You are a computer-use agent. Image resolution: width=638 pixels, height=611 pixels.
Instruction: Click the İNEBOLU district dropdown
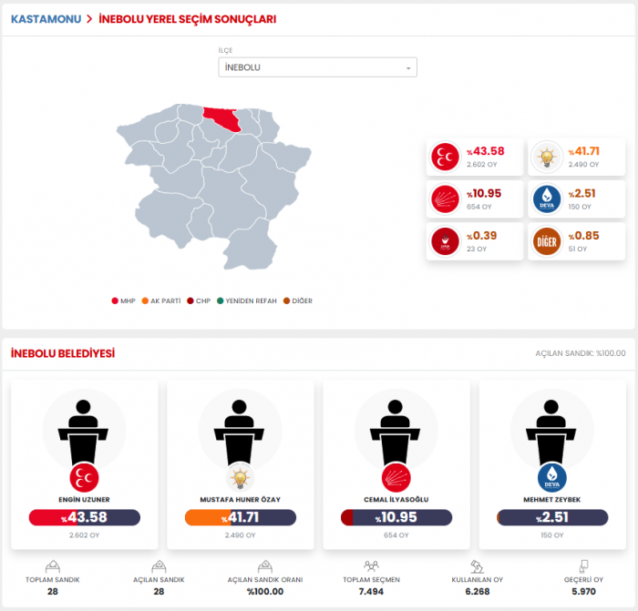coord(317,67)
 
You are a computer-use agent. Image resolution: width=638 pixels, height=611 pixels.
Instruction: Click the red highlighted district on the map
coord(222,119)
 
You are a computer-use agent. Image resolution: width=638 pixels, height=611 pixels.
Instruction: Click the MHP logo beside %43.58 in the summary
coord(446,157)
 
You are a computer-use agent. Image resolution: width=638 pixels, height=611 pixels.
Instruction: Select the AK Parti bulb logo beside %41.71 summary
coord(547,157)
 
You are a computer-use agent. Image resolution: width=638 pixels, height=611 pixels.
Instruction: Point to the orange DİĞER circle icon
coord(547,240)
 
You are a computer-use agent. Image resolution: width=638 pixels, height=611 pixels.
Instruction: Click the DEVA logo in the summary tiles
coord(547,199)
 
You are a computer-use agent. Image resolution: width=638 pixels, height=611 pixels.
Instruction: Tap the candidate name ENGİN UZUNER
coord(84,499)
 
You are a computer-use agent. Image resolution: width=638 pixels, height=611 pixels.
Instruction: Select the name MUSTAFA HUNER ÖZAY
coord(241,499)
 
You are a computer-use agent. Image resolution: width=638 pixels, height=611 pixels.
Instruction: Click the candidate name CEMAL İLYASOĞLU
coord(396,499)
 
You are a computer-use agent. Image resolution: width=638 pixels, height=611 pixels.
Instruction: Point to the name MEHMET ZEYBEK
coord(552,499)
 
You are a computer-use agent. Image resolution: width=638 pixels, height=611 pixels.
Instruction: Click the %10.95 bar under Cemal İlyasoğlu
coord(396,517)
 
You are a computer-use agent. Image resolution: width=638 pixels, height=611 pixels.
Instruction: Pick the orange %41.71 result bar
coord(241,517)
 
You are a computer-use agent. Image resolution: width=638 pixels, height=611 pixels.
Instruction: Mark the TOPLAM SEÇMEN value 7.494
coord(370,592)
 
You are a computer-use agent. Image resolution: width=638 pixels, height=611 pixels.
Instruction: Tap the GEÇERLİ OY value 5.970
coord(584,592)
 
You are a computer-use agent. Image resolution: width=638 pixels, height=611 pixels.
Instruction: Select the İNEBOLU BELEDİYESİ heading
coord(63,353)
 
